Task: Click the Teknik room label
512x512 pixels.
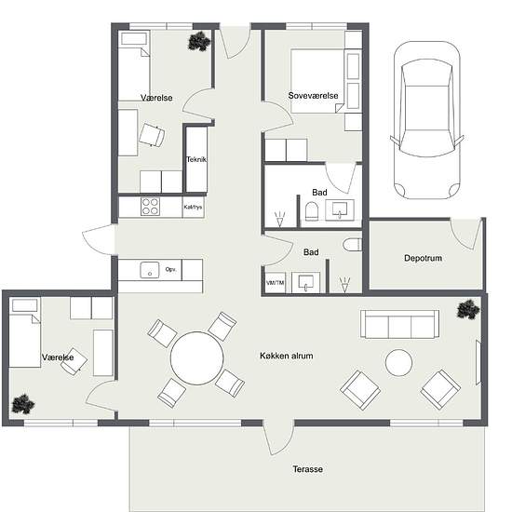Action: (x=195, y=159)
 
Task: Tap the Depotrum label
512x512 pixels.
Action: (x=423, y=258)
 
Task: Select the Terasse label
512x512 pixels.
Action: (x=307, y=469)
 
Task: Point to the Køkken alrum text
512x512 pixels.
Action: (x=287, y=356)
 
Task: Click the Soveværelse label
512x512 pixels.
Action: (x=313, y=96)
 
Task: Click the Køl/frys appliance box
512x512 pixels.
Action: (x=193, y=207)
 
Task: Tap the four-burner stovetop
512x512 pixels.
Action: (x=150, y=207)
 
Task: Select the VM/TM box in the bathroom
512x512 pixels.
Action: (x=275, y=282)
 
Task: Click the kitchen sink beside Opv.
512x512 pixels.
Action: (x=150, y=270)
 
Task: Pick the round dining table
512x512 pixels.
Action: (x=197, y=357)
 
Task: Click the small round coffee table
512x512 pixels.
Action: (x=398, y=362)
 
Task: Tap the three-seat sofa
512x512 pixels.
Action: (x=399, y=324)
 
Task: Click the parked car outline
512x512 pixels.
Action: (x=426, y=120)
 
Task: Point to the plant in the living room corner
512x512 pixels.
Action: (x=468, y=309)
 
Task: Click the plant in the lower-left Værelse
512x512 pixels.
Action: (x=23, y=404)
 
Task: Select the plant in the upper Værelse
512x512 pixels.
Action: (x=199, y=41)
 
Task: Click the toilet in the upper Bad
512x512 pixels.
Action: (x=312, y=211)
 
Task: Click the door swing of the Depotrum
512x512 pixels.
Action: (x=466, y=234)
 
